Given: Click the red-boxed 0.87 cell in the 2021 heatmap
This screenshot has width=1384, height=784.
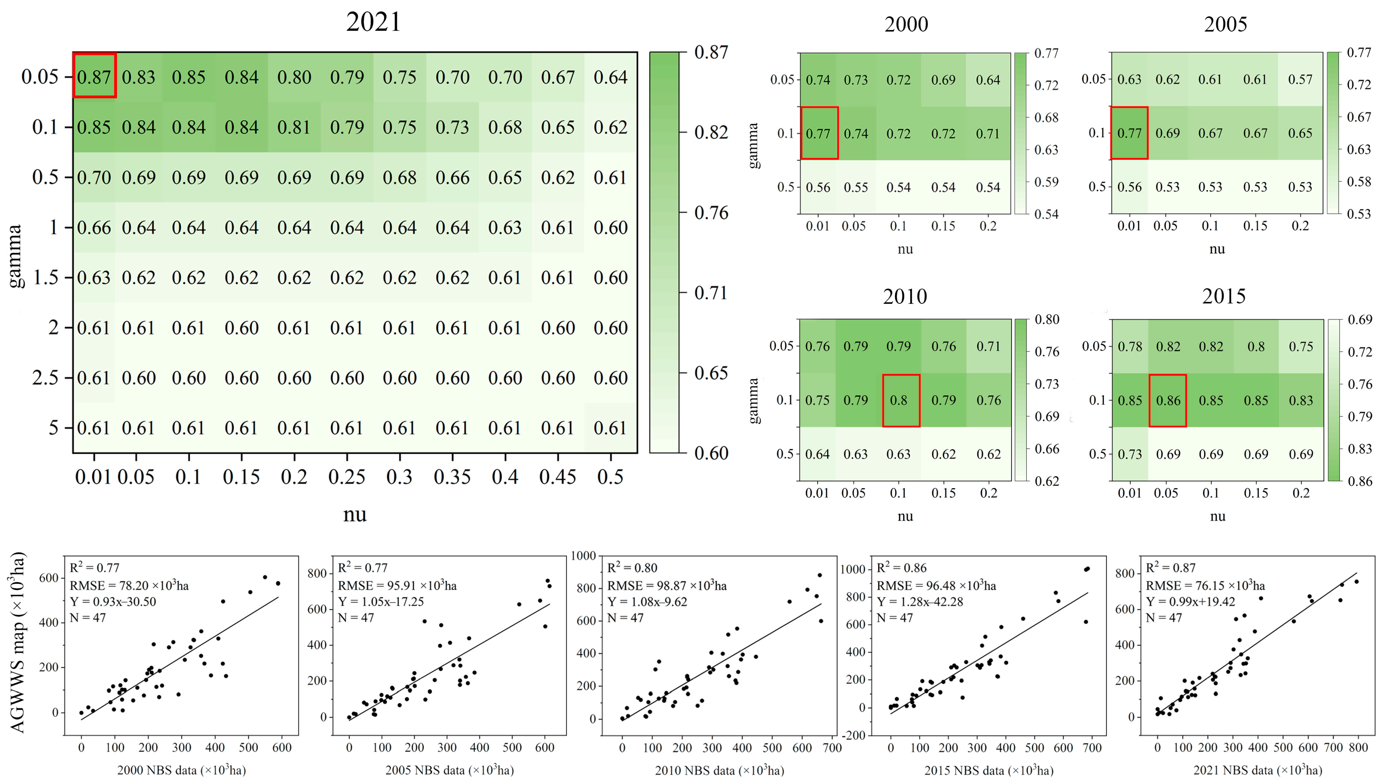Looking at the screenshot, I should pyautogui.click(x=94, y=76).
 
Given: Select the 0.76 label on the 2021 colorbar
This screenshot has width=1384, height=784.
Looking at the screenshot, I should pyautogui.click(x=711, y=213).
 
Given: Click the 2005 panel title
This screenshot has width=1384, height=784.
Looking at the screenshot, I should pyautogui.click(x=1225, y=24).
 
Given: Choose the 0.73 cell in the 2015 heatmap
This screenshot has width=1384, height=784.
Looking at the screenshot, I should pyautogui.click(x=1130, y=454).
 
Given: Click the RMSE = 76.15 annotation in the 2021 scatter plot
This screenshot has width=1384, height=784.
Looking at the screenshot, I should pyautogui.click(x=1205, y=586).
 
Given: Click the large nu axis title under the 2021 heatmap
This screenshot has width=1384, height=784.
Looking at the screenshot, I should pyautogui.click(x=355, y=514).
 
